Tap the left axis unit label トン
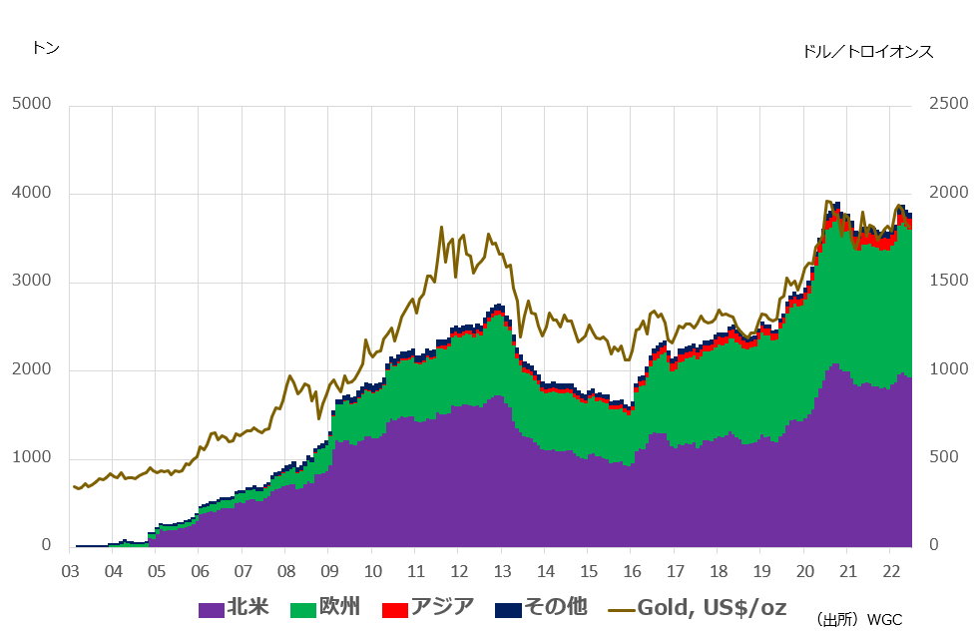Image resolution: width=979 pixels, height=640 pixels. [46, 48]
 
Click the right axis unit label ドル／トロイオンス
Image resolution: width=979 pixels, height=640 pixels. [867, 52]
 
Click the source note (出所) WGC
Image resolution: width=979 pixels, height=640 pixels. [858, 620]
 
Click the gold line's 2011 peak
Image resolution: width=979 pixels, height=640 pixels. [441, 228]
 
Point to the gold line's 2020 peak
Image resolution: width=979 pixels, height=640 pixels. [826, 201]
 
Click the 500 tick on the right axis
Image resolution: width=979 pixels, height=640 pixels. [945, 457]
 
